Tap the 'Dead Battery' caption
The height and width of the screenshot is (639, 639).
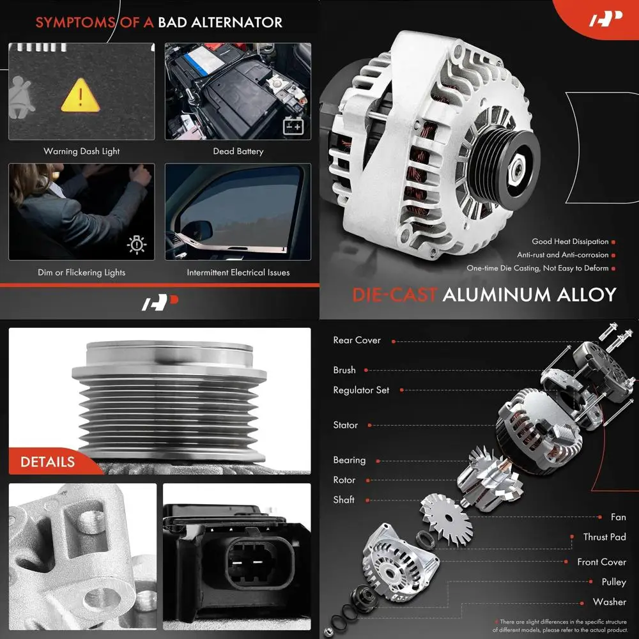pos(238,151)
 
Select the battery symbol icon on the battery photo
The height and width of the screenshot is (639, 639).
pos(293,125)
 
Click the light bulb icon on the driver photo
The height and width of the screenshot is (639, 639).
pos(137,244)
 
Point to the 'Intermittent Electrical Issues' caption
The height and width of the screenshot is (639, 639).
pos(238,272)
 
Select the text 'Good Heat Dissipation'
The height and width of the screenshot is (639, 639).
pos(570,242)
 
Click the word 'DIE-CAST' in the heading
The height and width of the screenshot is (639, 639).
pos(394,295)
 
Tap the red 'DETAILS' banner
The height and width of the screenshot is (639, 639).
pos(48,461)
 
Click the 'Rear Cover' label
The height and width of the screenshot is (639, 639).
pos(357,340)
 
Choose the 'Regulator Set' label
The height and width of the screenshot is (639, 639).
pos(360,390)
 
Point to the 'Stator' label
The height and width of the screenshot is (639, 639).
pos(345,425)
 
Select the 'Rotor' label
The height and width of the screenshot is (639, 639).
pos(344,480)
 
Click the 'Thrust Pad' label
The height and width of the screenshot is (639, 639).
pos(604,537)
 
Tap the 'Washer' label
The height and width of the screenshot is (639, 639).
pos(609,601)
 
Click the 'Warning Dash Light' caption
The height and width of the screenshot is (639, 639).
pos(81,151)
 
